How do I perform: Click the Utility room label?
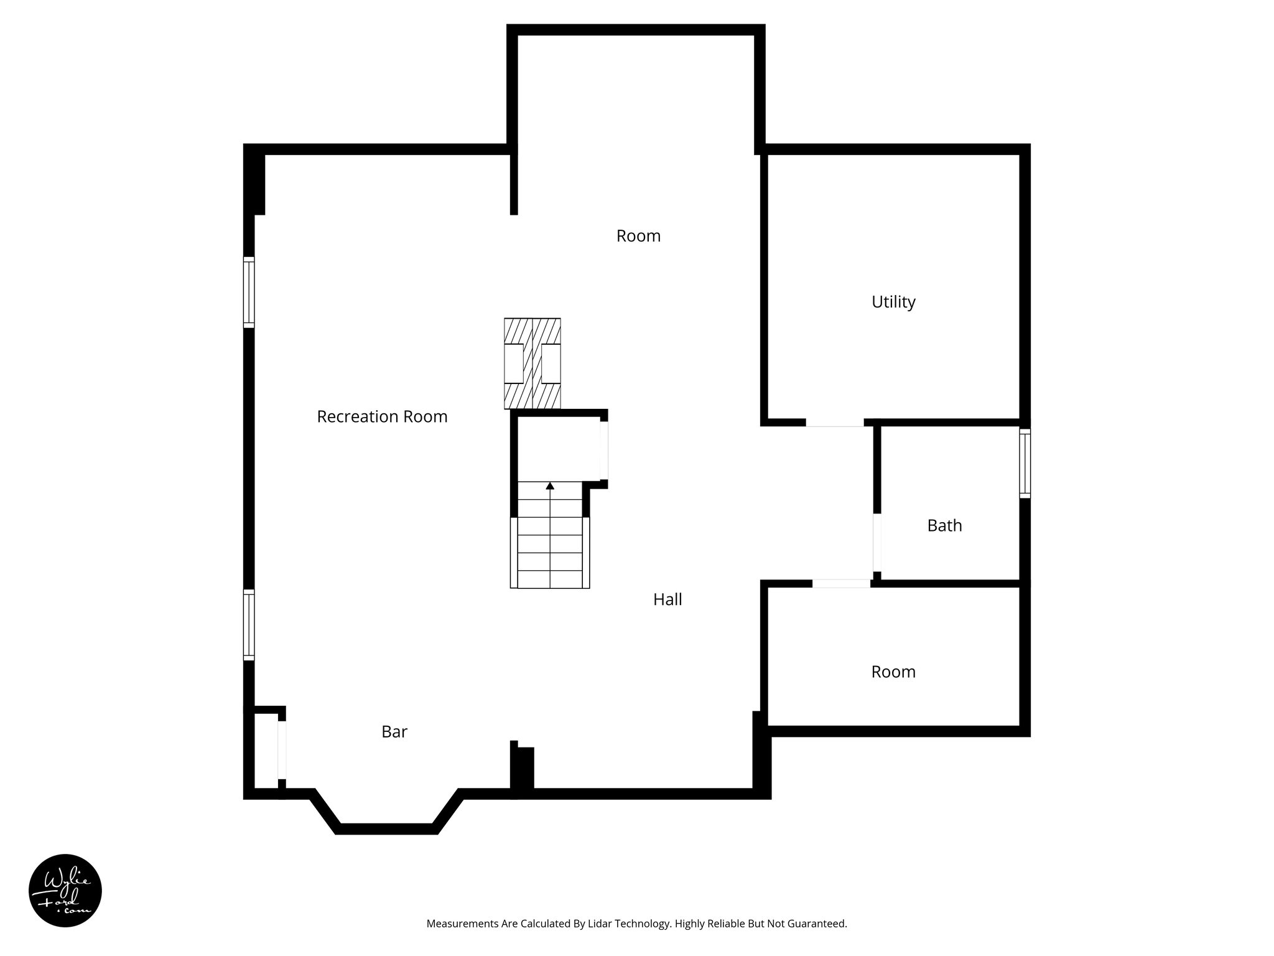pos(893,302)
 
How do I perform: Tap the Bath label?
pos(944,525)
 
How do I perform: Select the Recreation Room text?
pos(382,416)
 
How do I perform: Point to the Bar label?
pos(394,731)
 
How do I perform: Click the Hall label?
pos(667,599)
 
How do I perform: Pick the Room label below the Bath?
pos(893,672)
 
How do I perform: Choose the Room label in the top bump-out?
pos(638,236)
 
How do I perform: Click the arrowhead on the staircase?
pos(550,485)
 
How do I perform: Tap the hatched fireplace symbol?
pos(532,363)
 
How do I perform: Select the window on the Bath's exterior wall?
pos(1025,463)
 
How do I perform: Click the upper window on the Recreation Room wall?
pos(249,292)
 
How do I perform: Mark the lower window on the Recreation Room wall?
pos(249,624)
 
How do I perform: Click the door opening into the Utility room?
pos(835,423)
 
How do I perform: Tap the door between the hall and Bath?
pos(877,542)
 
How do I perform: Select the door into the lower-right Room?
pos(841,584)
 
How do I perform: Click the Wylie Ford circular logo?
pos(65,891)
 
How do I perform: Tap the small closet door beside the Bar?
pos(282,749)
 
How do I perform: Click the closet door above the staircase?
pos(603,451)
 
